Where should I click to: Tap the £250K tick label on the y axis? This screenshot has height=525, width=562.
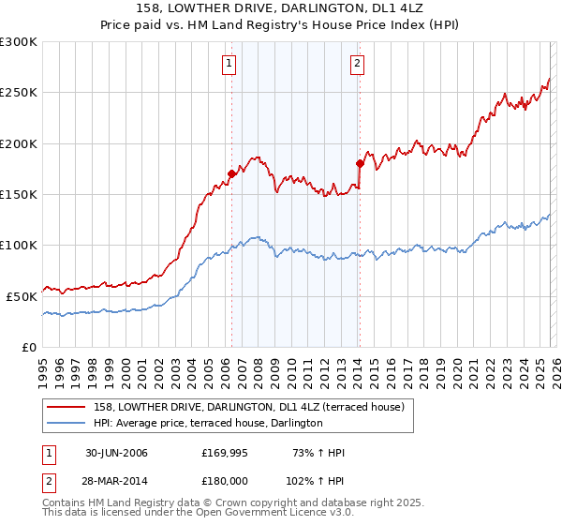(x=19, y=93)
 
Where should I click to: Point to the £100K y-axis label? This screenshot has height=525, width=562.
(x=19, y=245)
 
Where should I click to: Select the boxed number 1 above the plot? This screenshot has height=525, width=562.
(x=229, y=64)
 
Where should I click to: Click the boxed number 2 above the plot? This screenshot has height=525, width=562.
(x=358, y=64)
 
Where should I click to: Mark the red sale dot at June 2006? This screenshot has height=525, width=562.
(x=231, y=173)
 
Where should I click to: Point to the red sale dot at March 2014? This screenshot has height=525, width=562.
(x=360, y=163)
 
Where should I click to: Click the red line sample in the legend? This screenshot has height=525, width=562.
(x=66, y=407)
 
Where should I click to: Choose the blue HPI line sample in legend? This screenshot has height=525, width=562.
(x=66, y=424)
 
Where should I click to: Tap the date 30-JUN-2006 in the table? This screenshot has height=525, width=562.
(x=117, y=453)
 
